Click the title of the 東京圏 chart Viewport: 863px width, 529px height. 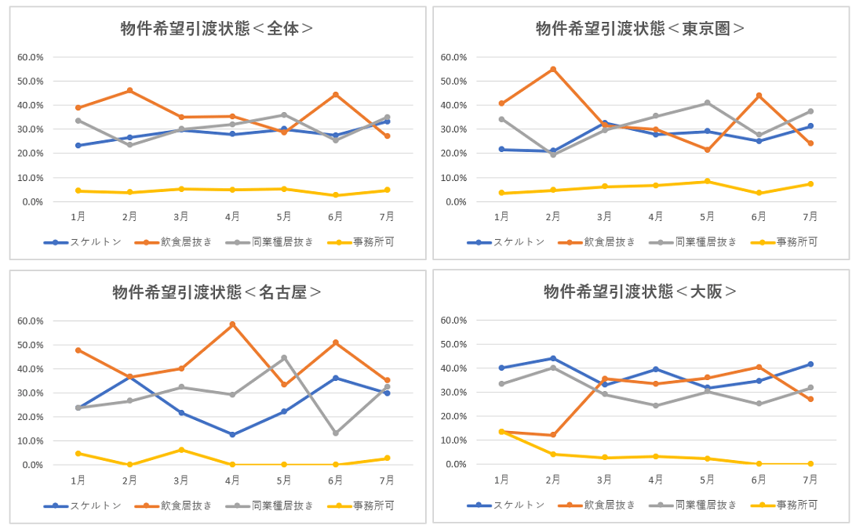coord(640,29)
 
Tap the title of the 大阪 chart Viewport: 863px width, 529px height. coord(640,292)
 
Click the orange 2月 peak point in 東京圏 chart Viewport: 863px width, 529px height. coord(553,69)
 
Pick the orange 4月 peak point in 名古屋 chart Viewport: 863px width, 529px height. coord(232,324)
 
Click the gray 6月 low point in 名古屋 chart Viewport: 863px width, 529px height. coord(335,433)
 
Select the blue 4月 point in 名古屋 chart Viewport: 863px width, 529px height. coord(232,434)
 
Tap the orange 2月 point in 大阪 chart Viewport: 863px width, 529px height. coord(553,435)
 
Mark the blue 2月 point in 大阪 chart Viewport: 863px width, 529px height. coord(553,358)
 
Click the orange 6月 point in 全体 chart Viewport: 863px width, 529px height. coord(335,95)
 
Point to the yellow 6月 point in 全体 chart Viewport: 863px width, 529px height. coord(335,195)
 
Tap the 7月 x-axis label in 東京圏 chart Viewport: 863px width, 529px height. coord(810,217)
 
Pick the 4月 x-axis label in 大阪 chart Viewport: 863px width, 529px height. coord(656,480)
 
